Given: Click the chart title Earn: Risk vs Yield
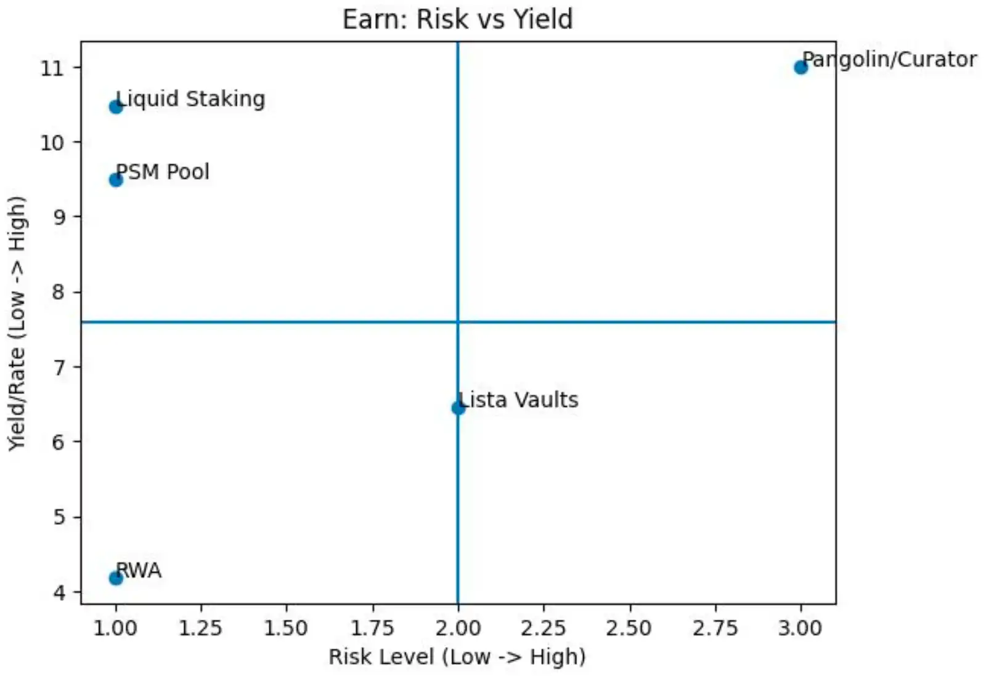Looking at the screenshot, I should pos(457,19).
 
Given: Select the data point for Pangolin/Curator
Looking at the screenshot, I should pos(801,67).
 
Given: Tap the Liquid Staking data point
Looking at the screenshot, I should pos(115,107).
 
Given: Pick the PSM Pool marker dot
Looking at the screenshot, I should pos(115,179).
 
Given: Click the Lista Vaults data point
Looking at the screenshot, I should pos(458,408).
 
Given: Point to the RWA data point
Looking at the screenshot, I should pos(115,578).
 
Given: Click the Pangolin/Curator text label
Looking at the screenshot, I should pos(889,60).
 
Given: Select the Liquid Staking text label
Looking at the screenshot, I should pos(191,99).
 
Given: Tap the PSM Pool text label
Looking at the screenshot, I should pos(163,172).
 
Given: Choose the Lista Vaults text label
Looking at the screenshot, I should pos(519,400).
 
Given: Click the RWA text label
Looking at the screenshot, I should pos(139,571).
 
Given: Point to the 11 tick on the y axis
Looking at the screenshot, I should pos(52,68).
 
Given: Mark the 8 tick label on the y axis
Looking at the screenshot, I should pos(58,292).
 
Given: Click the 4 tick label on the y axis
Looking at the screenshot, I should pos(58,592).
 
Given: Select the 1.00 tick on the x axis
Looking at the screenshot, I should pos(115,628).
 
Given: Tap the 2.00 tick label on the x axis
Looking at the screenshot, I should pos(458,628).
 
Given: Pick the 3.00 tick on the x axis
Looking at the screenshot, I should pos(801,628).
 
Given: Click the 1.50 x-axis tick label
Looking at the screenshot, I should pos(286,628).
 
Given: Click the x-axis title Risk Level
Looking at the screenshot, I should pos(457,657).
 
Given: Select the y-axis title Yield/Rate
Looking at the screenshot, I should pos(17,323).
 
